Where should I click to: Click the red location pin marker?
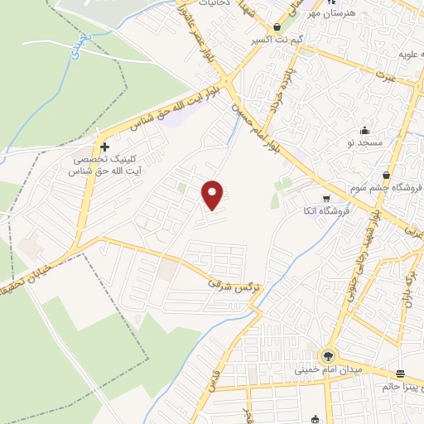pos(213,194)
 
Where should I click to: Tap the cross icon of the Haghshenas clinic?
pos(105,146)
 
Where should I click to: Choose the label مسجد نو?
pos(363,142)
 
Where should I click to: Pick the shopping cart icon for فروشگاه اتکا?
pos(326,198)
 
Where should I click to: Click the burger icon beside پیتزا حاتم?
pos(401,372)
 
